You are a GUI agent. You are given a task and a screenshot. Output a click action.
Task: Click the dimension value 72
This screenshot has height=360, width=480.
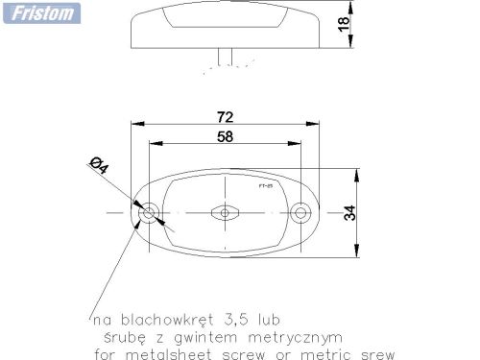point(226,116)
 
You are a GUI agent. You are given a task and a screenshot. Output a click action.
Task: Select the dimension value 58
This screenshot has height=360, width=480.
point(225,137)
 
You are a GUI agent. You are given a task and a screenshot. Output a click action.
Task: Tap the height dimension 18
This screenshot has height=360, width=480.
point(344,24)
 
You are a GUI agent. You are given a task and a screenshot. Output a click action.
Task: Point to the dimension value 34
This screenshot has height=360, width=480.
point(349,211)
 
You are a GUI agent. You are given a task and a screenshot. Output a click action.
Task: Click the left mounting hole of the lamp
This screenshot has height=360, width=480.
point(149,210)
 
